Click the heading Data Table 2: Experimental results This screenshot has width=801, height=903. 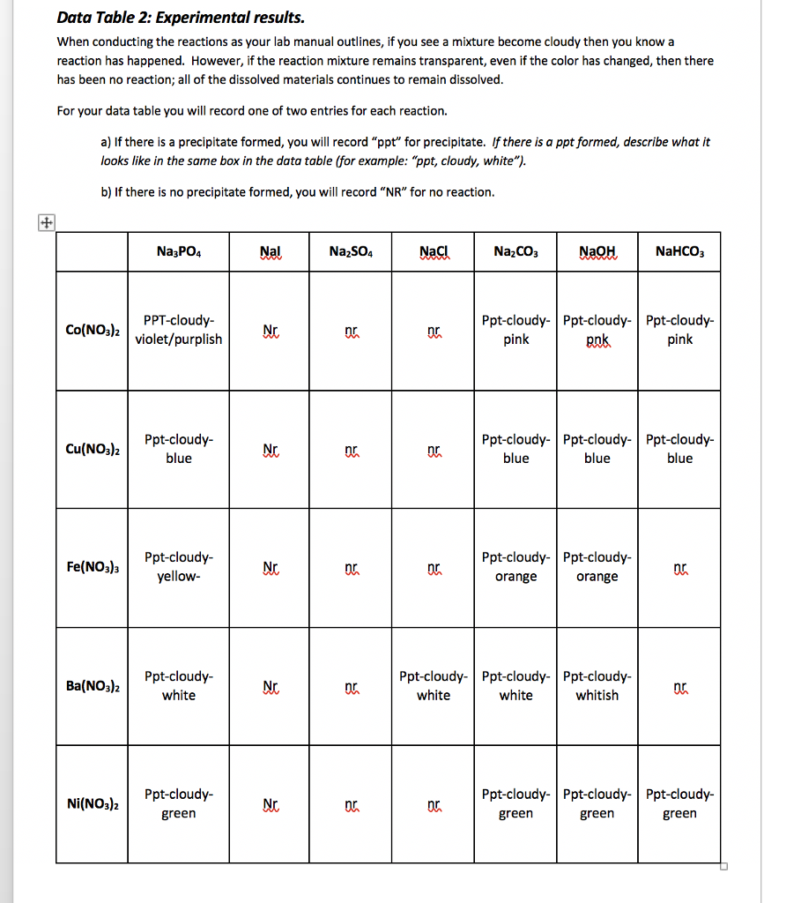click(x=181, y=18)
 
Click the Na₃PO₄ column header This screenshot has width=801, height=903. click(x=179, y=251)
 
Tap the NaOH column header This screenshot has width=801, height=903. click(x=597, y=251)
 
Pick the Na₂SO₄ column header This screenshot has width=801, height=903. click(x=351, y=251)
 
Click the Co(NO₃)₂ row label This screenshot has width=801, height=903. click(x=93, y=330)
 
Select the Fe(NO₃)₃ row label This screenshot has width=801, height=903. click(x=93, y=566)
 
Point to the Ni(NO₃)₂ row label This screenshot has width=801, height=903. click(x=93, y=803)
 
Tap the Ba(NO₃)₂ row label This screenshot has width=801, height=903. click(x=93, y=685)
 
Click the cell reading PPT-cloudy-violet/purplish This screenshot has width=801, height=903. click(x=179, y=330)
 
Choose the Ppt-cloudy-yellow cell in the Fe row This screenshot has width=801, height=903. click(x=179, y=567)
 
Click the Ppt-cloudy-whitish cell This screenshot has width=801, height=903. click(x=597, y=685)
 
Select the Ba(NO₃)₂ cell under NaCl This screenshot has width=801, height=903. click(x=433, y=685)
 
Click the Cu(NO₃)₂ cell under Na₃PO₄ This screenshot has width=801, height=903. click(x=179, y=448)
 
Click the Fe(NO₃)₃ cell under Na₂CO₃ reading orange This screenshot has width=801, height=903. click(x=515, y=567)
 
